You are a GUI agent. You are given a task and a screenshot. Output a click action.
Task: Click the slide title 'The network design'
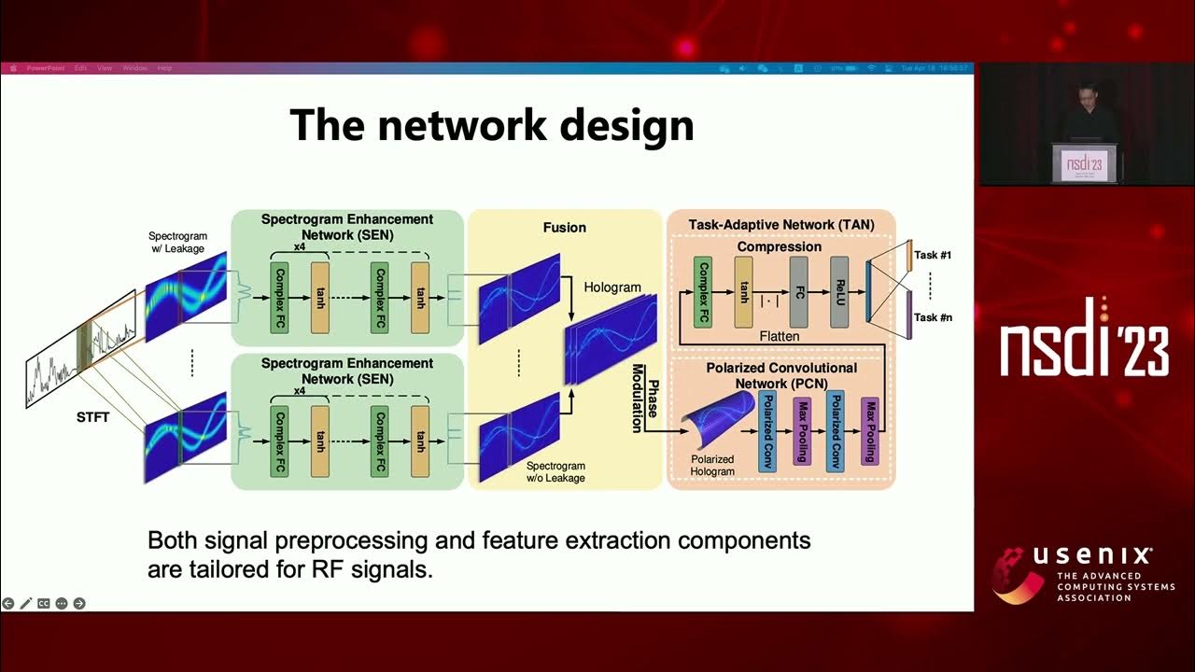492,124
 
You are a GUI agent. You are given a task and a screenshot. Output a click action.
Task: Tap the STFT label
93,417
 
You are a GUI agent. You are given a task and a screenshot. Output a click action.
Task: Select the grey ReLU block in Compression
838,292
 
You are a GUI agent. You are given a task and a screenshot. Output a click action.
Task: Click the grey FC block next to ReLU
797,292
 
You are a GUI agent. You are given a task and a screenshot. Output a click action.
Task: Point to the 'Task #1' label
932,255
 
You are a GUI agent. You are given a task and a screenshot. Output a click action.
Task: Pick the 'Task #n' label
932,317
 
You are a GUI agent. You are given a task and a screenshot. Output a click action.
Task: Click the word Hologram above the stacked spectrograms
613,287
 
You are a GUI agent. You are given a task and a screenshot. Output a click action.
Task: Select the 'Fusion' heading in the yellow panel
564,228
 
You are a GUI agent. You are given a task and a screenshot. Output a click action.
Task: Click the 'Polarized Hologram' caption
711,465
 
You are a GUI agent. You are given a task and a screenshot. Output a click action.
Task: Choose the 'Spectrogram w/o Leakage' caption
555,472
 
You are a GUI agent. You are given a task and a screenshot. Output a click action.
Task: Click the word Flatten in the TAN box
779,336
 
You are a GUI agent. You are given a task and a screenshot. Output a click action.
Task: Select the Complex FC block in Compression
703,292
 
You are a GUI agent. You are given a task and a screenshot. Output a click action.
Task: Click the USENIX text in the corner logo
1092,557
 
